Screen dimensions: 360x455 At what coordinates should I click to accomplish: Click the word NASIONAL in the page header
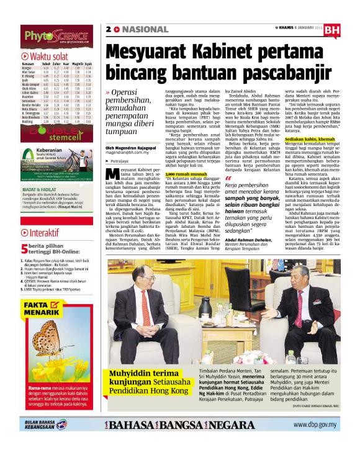[x=145, y=29]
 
